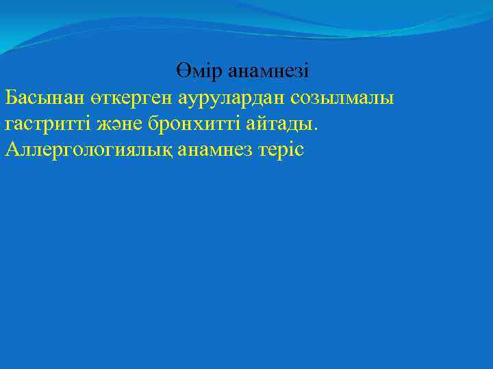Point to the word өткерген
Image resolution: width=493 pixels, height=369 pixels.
[130, 98]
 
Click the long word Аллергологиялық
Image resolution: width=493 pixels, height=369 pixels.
[88, 150]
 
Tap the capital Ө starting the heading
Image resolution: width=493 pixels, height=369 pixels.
[182, 72]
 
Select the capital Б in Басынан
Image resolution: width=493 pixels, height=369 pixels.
[11, 98]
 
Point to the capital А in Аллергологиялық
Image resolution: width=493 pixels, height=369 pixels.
[12, 150]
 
